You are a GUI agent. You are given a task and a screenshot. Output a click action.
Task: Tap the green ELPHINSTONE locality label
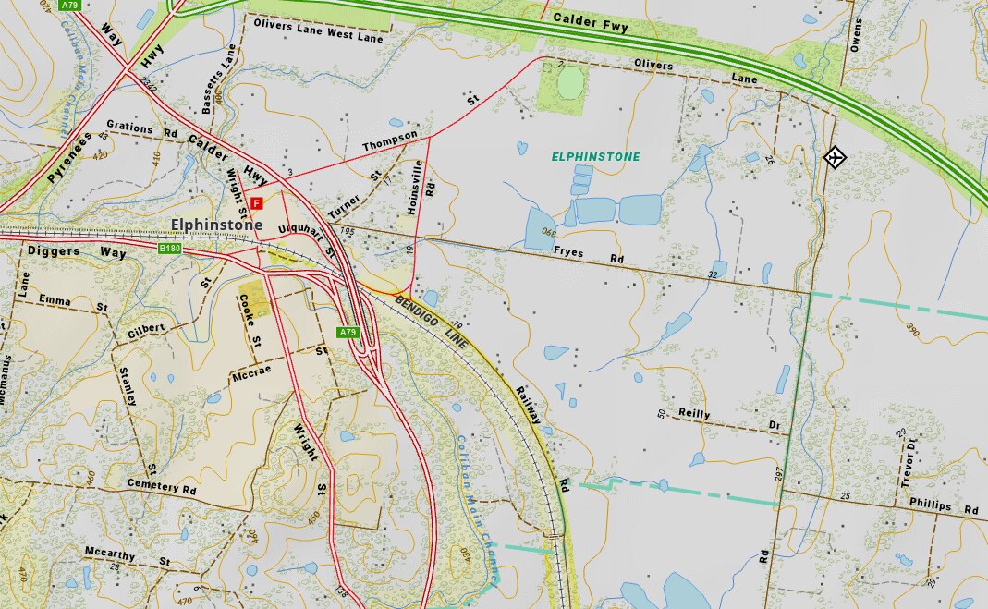pos(595,157)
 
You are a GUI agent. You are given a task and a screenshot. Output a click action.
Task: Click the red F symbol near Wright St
pos(257,202)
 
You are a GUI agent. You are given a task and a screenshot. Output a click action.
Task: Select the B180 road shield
pos(169,249)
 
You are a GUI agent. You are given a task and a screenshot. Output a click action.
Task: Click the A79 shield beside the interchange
pos(348,332)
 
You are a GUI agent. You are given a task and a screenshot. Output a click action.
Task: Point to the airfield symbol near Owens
pos(835,157)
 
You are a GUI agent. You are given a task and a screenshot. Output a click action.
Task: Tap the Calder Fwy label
pos(590,23)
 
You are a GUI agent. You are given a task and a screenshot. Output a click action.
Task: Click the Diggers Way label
pos(77,251)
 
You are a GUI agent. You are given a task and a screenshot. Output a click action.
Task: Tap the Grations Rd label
pos(140,130)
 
